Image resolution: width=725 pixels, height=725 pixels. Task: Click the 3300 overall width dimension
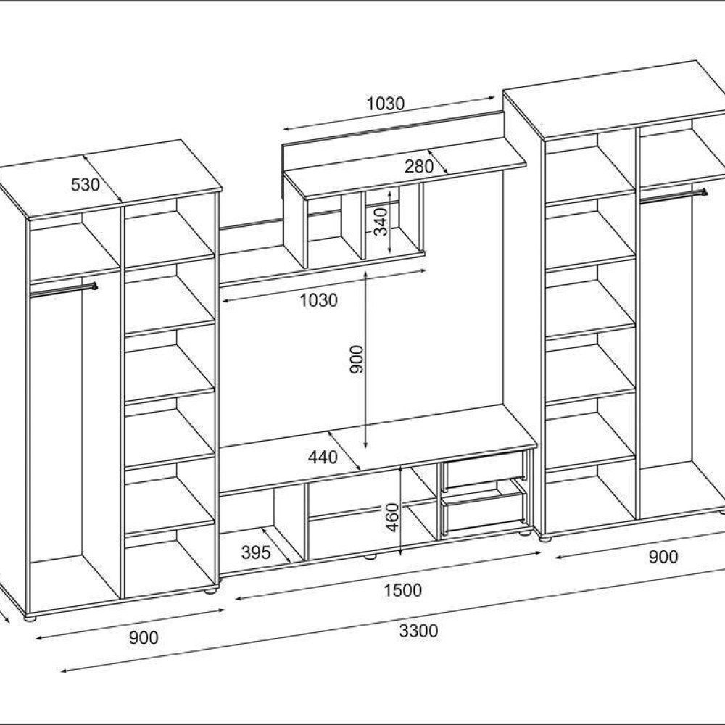(418, 631)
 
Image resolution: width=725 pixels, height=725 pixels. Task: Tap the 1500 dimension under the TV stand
(402, 590)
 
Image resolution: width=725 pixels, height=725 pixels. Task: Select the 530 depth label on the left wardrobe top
(85, 184)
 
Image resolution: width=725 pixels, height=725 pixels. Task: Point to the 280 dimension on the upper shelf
(419, 166)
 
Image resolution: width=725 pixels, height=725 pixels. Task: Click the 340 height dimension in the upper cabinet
(380, 221)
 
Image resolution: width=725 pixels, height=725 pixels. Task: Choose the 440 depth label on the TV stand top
(323, 457)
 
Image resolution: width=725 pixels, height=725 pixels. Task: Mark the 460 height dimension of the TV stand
(392, 517)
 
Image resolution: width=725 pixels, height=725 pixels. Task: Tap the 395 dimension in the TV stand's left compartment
(256, 552)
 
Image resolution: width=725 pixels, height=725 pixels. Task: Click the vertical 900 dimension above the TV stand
(357, 359)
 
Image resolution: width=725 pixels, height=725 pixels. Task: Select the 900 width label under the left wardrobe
(144, 637)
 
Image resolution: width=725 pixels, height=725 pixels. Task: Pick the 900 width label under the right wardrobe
(663, 557)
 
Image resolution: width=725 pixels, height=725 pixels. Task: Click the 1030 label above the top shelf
(385, 104)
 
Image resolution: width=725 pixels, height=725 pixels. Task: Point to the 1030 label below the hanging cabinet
(318, 301)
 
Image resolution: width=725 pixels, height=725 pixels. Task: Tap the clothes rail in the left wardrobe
(63, 291)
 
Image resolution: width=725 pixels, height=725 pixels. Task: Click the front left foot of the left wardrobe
(30, 618)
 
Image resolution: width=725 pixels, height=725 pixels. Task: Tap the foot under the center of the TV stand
(370, 556)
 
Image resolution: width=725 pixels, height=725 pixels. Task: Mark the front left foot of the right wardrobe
(547, 538)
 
